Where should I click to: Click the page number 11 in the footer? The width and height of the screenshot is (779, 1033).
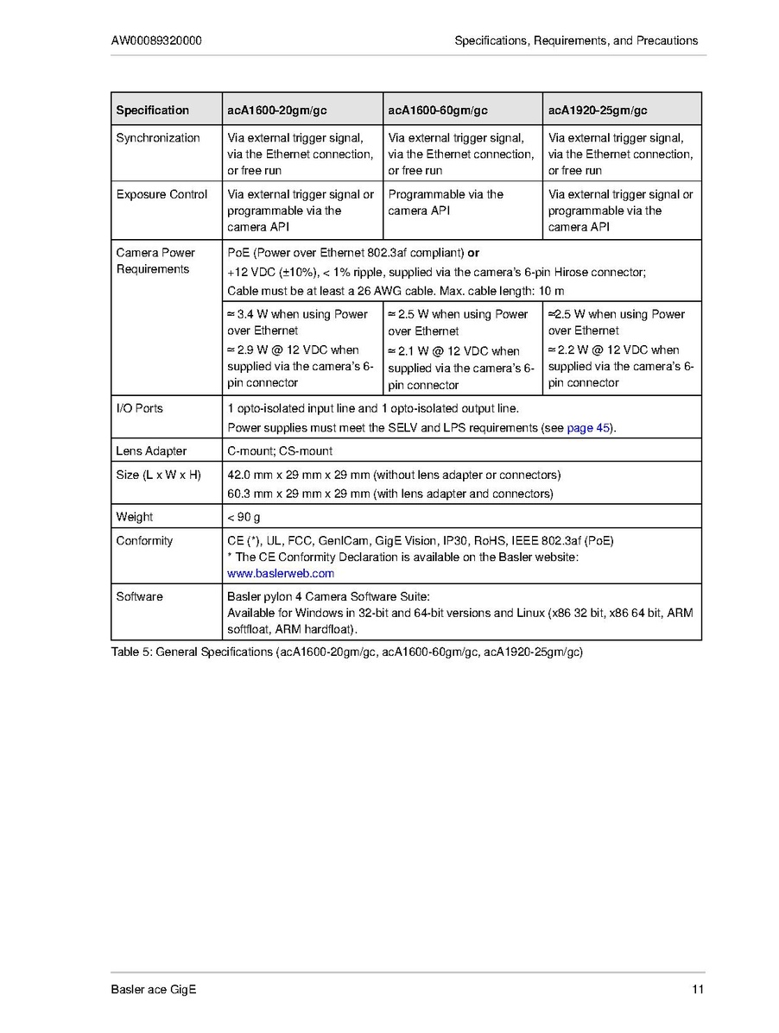698,990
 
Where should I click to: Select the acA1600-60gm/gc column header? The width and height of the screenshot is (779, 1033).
438,110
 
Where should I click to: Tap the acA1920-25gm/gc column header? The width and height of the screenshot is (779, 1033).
598,110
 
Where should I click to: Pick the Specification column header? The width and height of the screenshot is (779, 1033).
152,110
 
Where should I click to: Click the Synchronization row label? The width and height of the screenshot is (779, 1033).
158,138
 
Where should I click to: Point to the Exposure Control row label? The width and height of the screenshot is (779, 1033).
161,195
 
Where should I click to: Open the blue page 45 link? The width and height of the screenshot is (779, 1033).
589,428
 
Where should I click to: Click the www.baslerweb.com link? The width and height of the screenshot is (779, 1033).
281,573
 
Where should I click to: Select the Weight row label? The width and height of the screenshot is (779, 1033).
135,517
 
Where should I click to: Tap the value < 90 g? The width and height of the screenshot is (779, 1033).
244,517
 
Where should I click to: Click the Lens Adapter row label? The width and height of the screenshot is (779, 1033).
151,451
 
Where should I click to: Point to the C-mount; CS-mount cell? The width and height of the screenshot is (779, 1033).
280,451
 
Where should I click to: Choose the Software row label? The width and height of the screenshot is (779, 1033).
140,596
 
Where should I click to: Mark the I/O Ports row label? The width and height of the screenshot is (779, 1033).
140,408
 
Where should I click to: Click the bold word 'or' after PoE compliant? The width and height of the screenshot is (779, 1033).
473,253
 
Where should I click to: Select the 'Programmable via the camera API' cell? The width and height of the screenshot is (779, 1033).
446,203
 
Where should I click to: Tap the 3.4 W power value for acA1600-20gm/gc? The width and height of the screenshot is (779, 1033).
244,314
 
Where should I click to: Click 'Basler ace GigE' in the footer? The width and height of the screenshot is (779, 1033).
154,990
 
